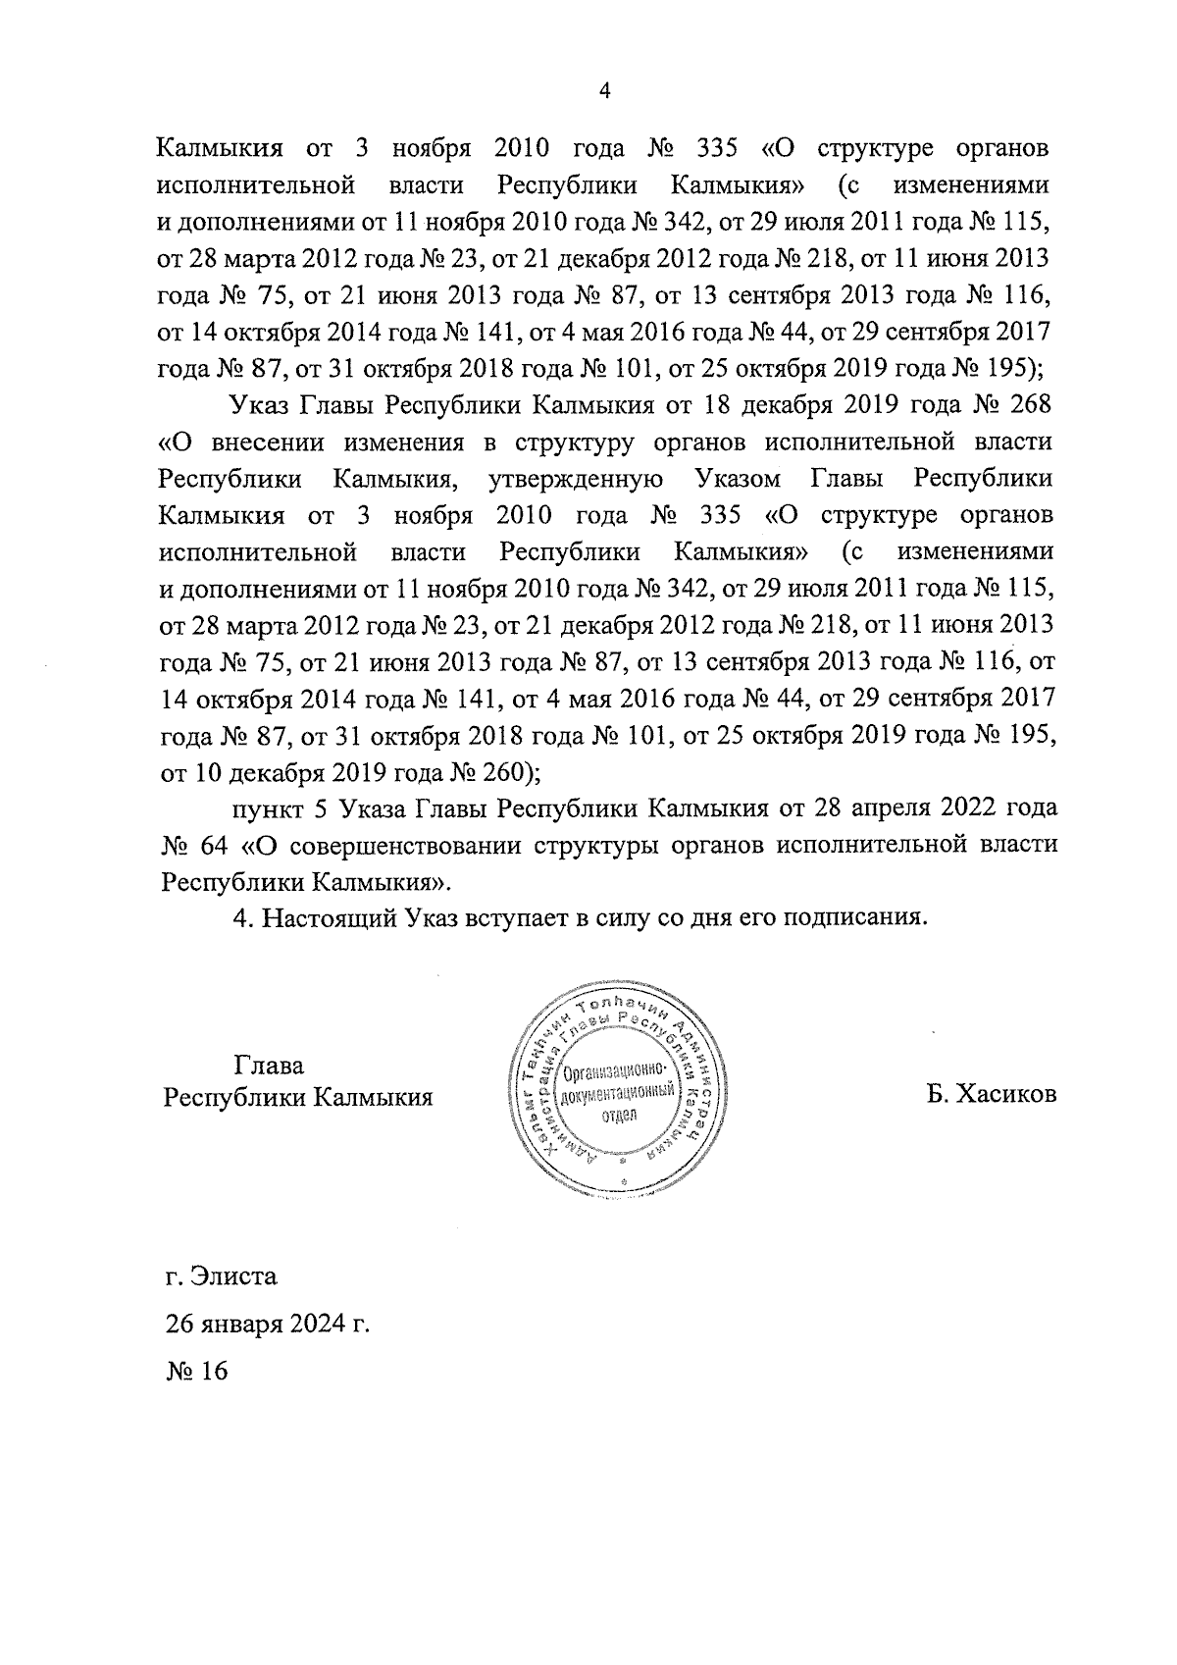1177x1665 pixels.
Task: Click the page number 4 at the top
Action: [604, 91]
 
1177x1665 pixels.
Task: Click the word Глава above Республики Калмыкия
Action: [269, 1066]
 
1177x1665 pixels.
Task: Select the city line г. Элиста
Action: [222, 1276]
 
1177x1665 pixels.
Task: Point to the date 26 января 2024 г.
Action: [267, 1324]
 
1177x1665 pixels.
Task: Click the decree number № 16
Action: [196, 1371]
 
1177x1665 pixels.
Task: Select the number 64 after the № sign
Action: [221, 845]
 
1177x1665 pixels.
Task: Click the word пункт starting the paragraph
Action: [268, 808]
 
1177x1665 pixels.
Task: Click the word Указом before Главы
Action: [738, 479]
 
